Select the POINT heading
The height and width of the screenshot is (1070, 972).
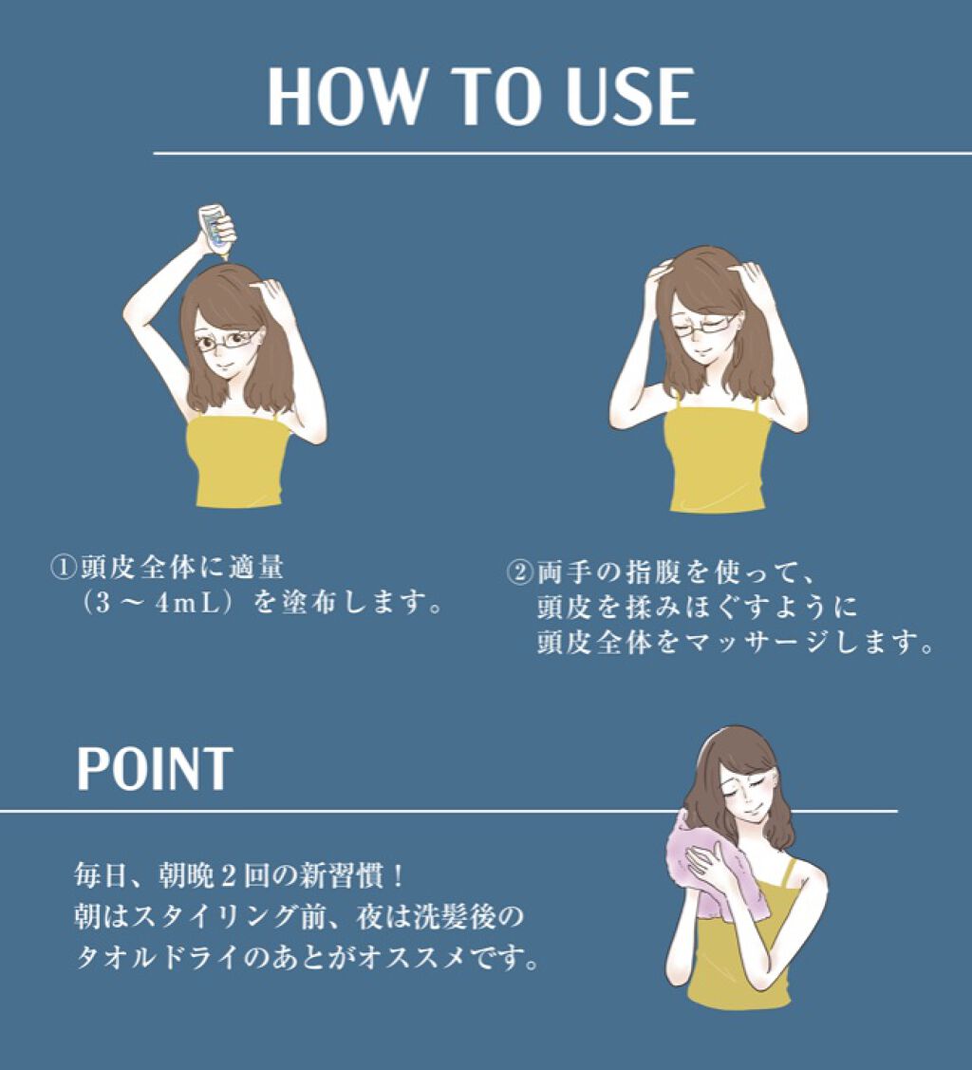click(x=154, y=768)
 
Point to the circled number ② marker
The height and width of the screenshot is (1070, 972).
click(x=520, y=572)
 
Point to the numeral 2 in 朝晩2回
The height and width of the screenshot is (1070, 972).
click(x=227, y=875)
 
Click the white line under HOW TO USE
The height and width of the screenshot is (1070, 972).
click(x=563, y=154)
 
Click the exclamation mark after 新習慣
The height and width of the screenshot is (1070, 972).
click(x=399, y=875)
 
